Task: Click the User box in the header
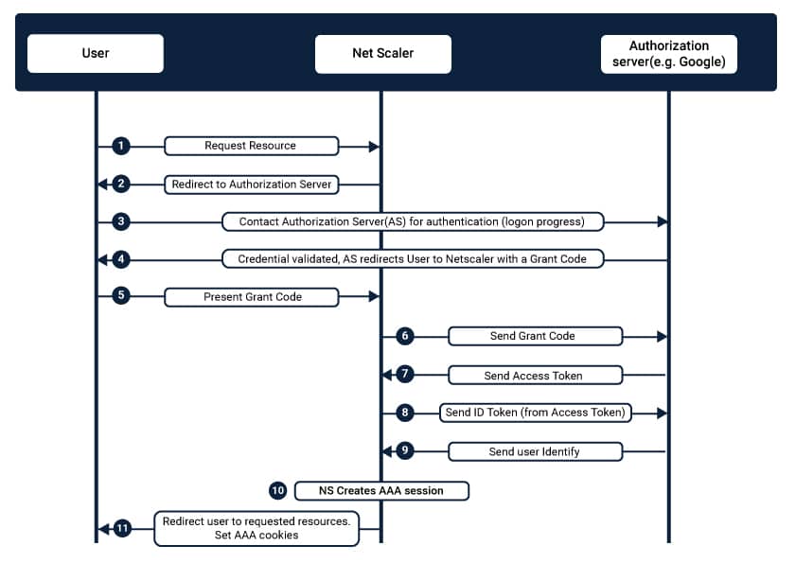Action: [x=96, y=53]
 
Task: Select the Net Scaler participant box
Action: [x=382, y=54]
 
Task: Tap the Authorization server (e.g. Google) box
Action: [x=668, y=54]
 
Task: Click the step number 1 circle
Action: [x=121, y=146]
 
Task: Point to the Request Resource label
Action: [x=251, y=146]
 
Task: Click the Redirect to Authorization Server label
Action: [x=251, y=185]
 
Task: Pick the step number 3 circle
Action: [x=121, y=221]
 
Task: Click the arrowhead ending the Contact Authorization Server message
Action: [x=662, y=221]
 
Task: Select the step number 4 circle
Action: [x=121, y=259]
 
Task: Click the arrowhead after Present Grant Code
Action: [x=374, y=296]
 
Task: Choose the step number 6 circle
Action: [x=404, y=336]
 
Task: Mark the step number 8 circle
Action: [x=404, y=413]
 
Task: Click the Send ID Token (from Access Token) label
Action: [x=535, y=413]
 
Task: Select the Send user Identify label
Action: [x=535, y=451]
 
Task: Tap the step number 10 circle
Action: [x=277, y=491]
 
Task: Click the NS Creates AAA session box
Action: [x=381, y=491]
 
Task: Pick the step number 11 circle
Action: [x=122, y=529]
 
